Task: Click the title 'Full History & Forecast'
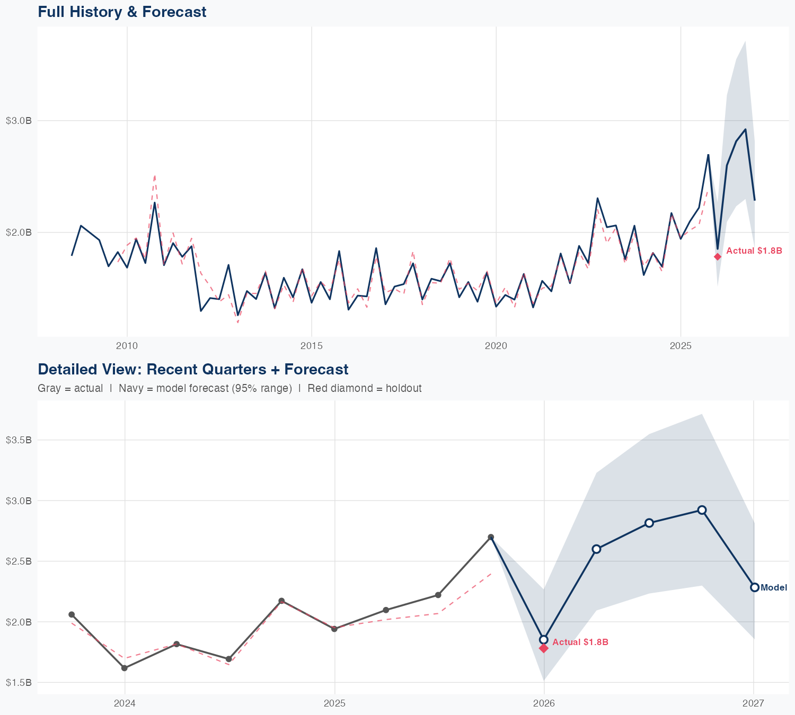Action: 122,12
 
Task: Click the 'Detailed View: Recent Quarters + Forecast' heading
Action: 193,369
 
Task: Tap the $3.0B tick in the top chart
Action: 19,121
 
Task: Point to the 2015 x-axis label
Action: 311,346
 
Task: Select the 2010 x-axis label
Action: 127,346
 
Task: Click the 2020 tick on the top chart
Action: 496,346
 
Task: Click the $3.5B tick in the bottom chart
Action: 19,440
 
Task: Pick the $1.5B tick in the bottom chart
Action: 19,683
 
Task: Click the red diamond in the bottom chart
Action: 544,648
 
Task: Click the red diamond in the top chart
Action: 718,256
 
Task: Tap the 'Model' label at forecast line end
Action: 774,587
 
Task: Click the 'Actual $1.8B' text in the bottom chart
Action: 580,642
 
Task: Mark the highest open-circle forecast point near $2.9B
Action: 702,510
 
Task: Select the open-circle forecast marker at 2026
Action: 544,640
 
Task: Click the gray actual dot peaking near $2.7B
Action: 491,537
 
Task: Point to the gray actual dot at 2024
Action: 125,668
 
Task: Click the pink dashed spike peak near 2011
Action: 155,175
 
